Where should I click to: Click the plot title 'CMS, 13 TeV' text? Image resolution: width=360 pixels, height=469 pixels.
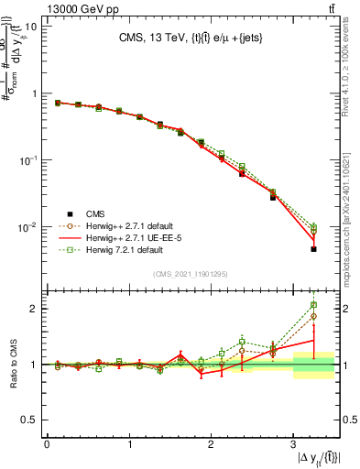pos(157,38)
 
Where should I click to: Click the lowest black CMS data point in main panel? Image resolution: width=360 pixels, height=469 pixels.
pos(313,249)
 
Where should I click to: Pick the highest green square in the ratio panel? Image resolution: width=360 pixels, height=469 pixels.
pos(313,305)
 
